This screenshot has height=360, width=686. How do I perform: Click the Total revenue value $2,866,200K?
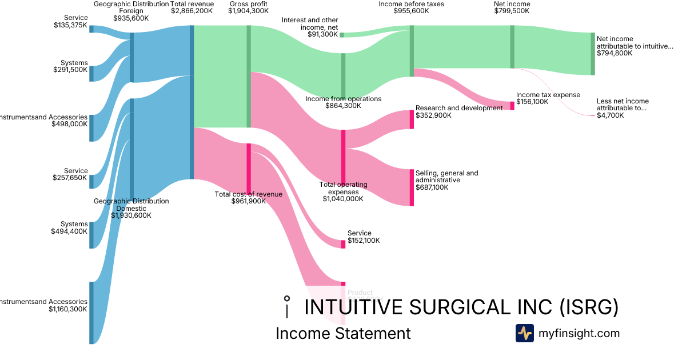coord(192,11)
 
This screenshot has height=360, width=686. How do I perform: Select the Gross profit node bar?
coord(249,76)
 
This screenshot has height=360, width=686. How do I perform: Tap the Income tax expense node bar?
coord(512,105)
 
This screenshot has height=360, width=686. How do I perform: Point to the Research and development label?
coord(459,108)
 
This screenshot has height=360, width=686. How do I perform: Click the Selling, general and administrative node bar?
coord(411,187)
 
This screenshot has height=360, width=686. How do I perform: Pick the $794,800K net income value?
coord(615,53)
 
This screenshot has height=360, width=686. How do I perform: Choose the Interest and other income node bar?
coord(342,35)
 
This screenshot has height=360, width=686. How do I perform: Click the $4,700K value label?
coord(610,115)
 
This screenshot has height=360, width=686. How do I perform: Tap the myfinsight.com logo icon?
coord(524,333)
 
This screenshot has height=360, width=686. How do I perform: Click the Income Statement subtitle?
coord(343,333)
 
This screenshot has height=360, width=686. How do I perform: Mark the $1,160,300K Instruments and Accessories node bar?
coord(91,313)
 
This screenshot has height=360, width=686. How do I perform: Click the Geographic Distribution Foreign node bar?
coord(131,57)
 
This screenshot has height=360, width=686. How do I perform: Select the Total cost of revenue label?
coord(248,194)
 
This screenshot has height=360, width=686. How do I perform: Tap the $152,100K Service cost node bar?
coord(343,244)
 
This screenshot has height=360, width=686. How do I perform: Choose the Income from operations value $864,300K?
coord(343,106)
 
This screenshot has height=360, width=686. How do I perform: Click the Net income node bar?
coord(512,46)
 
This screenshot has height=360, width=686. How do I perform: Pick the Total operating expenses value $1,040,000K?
coord(343,199)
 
